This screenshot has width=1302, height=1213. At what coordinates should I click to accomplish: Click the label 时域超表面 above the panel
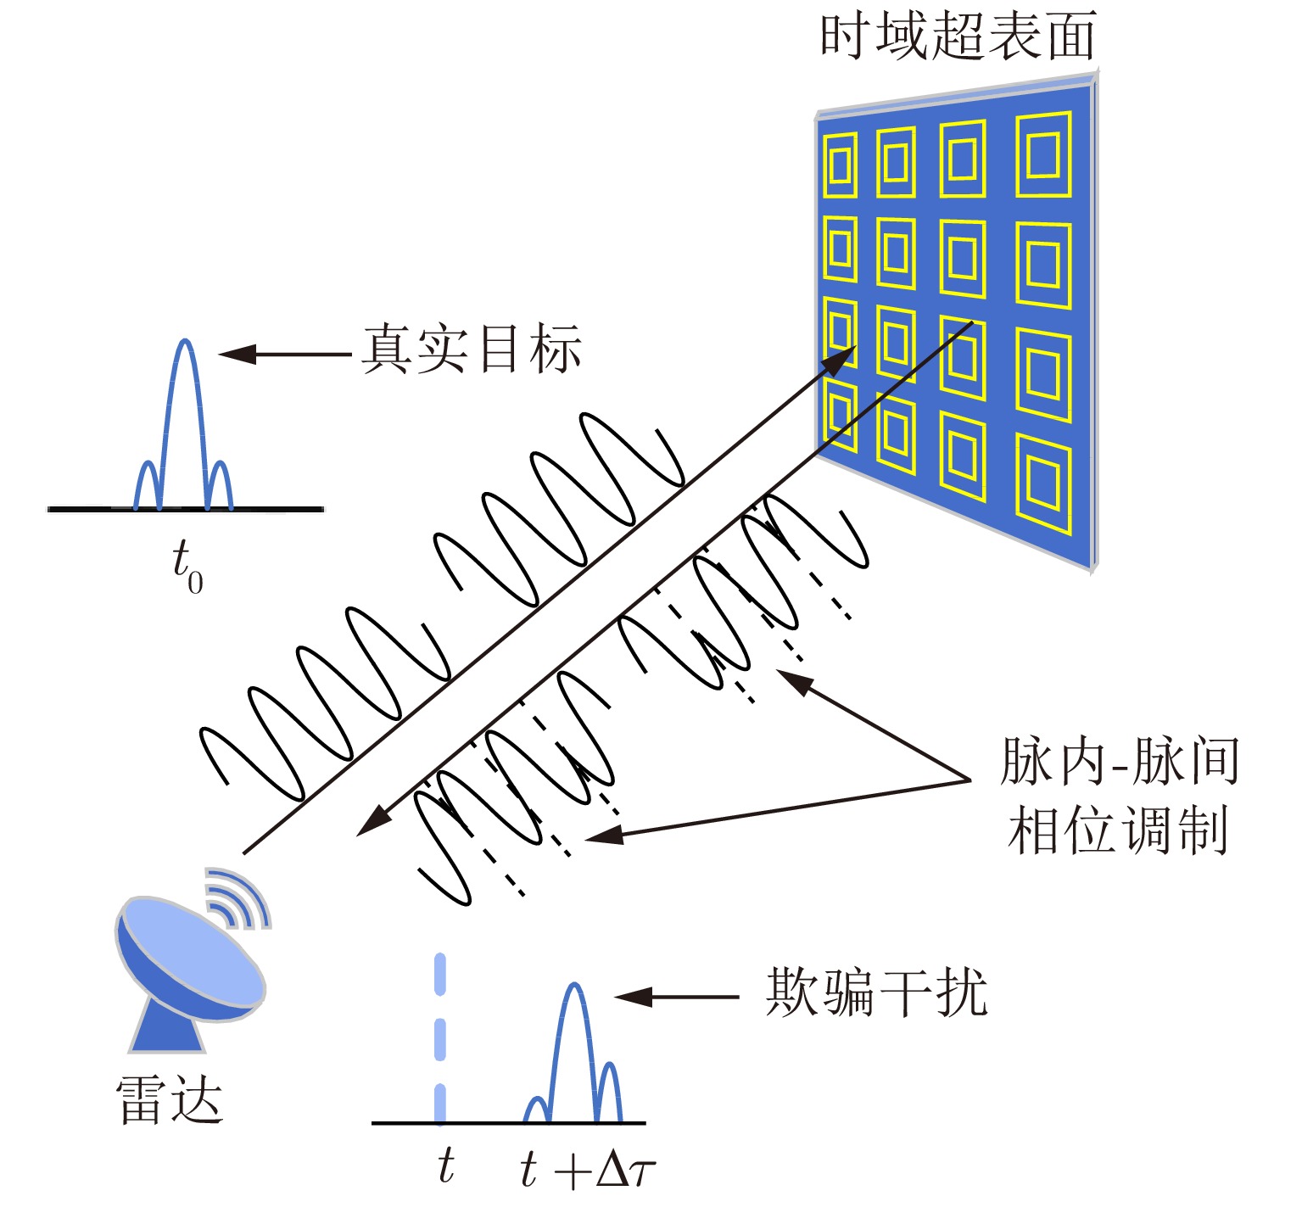958,36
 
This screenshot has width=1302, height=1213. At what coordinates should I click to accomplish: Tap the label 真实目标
472,349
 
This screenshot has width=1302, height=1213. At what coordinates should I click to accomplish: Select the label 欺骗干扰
876,992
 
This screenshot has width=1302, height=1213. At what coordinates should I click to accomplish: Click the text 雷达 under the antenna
170,1099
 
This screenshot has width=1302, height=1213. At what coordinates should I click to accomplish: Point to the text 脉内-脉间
1120,760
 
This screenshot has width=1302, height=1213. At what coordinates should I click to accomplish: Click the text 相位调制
1119,829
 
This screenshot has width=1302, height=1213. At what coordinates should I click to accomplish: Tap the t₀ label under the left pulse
187,567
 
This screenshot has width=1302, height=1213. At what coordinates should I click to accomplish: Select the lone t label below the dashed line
446,1166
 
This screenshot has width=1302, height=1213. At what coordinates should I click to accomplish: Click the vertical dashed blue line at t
439,1038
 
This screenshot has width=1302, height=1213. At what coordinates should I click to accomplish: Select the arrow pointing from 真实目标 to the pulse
285,354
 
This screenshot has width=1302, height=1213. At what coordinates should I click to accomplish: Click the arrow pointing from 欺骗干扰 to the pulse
676,997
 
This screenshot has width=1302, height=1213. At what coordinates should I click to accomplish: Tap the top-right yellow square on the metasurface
1043,154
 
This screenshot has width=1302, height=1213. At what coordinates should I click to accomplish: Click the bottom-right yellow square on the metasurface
1044,484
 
